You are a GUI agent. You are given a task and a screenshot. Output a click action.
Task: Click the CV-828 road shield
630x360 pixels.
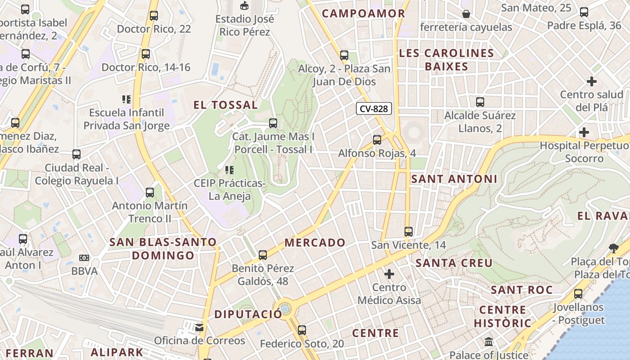[x=374, y=108]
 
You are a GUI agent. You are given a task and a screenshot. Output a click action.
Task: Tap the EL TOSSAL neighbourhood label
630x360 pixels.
[x=225, y=105]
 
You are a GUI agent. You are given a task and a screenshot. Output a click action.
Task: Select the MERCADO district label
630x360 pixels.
[x=315, y=243]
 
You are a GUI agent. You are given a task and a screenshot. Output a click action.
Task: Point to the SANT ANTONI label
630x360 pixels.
[x=454, y=179]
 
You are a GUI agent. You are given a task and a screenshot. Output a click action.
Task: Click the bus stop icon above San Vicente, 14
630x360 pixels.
[x=409, y=232]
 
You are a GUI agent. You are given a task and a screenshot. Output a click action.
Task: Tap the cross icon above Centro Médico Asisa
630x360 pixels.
[x=389, y=274]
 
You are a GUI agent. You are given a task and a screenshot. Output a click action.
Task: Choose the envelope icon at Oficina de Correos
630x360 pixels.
[x=199, y=327]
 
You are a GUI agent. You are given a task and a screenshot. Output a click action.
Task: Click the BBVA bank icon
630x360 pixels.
[x=84, y=258]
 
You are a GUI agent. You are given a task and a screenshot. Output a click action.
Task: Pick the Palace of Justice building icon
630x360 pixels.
[x=489, y=342]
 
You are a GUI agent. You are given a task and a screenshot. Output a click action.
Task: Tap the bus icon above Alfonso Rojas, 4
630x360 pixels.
[x=377, y=140]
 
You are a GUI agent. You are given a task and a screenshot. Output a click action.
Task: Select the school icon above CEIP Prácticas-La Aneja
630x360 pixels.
[x=229, y=170]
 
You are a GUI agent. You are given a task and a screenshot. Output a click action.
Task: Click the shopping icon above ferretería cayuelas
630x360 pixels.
[x=466, y=14]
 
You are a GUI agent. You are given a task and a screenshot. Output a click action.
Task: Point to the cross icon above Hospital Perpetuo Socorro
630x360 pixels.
[x=584, y=132]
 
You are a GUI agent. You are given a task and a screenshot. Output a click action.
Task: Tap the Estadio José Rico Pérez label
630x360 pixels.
[x=244, y=26]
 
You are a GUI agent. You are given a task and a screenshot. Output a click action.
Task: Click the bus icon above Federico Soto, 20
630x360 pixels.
[x=302, y=330]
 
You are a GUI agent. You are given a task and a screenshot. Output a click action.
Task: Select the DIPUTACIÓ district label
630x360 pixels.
[x=248, y=314]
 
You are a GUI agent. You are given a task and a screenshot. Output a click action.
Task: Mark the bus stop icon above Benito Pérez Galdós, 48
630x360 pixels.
[x=263, y=255]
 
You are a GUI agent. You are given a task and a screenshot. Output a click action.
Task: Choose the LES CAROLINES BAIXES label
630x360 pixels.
[x=446, y=60]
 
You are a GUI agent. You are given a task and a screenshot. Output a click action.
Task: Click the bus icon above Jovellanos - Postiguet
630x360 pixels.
[x=578, y=294]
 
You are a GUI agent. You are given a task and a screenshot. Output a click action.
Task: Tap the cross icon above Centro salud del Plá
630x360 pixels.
[x=592, y=81]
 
